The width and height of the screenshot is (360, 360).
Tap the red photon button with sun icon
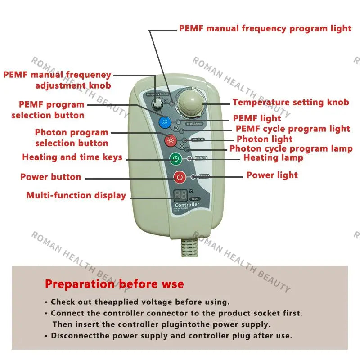[x=171, y=140]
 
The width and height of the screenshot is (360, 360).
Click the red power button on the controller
[x=180, y=177]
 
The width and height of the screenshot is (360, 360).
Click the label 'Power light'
[x=272, y=175]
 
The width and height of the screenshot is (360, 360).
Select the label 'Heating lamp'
[x=273, y=157]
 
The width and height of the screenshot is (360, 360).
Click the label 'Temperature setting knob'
[x=290, y=102]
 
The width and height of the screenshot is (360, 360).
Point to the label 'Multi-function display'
[x=76, y=195]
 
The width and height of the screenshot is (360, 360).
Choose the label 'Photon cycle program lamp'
[x=291, y=148]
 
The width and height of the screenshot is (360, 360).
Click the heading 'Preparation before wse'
[x=114, y=284]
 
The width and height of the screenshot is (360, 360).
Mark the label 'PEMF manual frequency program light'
[x=265, y=28]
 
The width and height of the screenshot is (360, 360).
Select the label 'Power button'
[x=50, y=177]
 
